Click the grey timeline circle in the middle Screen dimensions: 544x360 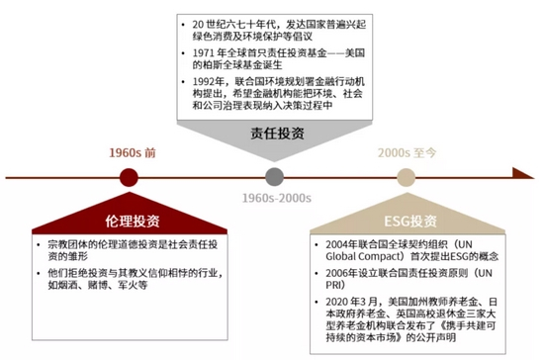275,177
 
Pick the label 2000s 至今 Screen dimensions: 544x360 406,153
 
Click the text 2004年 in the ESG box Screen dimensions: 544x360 343,244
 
